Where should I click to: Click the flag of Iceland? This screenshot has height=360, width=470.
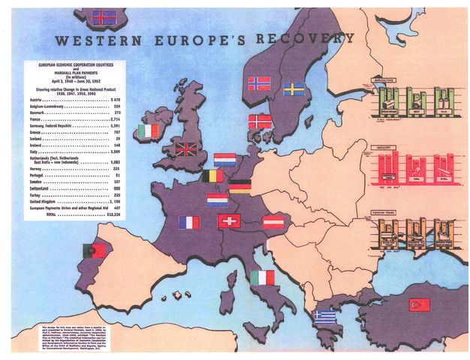(104, 16)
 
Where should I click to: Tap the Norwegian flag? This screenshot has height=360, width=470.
(258, 83)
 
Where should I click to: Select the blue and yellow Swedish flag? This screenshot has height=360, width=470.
(294, 89)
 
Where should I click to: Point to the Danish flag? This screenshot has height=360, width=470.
(260, 121)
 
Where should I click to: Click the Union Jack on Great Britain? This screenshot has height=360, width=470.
(185, 148)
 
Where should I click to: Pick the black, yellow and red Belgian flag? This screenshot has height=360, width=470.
(212, 176)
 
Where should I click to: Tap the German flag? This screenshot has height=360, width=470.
(240, 186)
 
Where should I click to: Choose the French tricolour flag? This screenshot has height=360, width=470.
(190, 222)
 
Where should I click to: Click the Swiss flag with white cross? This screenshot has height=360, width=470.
(228, 221)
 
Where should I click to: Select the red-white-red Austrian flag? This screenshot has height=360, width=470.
(273, 221)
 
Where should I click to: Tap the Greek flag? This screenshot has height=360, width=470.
(326, 316)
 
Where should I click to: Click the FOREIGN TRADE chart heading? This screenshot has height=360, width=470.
(390, 212)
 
